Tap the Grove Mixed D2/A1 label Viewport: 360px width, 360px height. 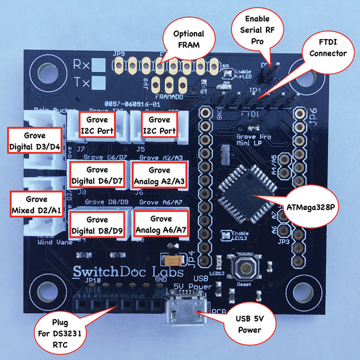(37, 204)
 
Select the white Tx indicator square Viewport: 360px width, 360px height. (100, 83)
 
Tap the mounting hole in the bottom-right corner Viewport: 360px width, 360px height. (319, 287)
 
